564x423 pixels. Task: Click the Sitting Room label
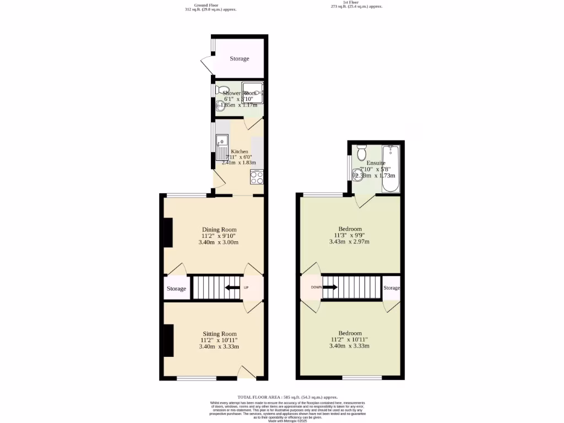[x=219, y=334]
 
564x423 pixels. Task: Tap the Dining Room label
[x=219, y=230]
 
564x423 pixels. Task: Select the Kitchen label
[x=240, y=151]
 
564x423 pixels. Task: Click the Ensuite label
[x=376, y=163]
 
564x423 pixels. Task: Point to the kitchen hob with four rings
[x=257, y=178]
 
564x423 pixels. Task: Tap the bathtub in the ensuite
[x=390, y=169]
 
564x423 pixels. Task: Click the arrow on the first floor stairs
[x=330, y=287]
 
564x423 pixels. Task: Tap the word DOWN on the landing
[x=316, y=287]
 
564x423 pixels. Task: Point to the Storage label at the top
[x=240, y=59]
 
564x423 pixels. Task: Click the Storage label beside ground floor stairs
[x=177, y=289]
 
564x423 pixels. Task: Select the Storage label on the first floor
[x=392, y=288]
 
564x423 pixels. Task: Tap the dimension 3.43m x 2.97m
[x=349, y=242]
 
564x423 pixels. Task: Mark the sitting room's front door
[x=247, y=373]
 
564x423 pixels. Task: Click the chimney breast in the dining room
[x=168, y=232]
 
